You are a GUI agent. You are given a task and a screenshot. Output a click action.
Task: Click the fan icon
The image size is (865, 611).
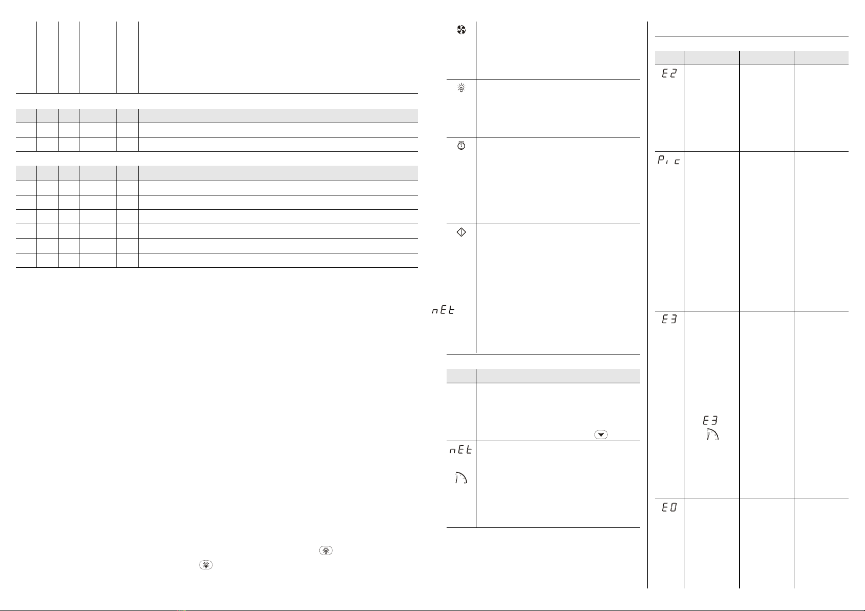coord(461,31)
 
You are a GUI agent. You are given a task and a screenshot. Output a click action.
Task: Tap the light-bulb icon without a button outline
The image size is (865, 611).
coord(461,89)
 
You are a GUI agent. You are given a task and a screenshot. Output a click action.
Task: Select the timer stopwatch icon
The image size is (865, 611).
coord(461,146)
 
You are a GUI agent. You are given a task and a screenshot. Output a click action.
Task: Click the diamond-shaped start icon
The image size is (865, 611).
coord(461,232)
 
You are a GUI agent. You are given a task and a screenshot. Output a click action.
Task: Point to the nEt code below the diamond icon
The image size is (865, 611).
coord(443,310)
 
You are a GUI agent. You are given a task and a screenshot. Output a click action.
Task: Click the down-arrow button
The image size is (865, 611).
coord(601,435)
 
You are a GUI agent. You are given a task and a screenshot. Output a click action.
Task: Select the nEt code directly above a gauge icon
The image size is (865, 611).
coord(460,450)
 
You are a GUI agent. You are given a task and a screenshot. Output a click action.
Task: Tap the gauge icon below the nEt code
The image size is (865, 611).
coord(461,478)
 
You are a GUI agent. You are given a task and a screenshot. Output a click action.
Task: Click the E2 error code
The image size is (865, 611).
coord(669,74)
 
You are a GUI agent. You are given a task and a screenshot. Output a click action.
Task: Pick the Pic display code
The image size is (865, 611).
coord(669,161)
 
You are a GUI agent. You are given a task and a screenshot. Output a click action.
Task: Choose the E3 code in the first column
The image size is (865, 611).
coord(669,320)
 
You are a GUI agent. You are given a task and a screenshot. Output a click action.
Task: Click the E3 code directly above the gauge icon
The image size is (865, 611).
coord(710,420)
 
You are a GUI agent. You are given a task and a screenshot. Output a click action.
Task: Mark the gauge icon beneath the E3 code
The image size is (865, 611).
coord(711,435)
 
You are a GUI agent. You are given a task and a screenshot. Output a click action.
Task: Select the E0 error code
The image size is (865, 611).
coord(669,507)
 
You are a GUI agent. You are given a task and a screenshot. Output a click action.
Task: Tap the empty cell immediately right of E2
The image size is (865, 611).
coord(712,108)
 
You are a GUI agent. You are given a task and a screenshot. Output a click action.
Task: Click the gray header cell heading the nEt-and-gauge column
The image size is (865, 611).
coord(461,376)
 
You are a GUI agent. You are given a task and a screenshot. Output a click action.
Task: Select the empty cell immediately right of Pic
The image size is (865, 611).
coord(712,231)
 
